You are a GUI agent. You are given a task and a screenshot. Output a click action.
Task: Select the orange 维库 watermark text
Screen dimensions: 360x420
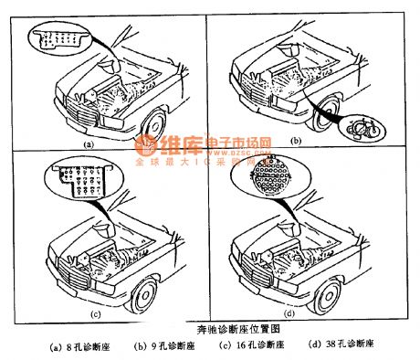point(164,146)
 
